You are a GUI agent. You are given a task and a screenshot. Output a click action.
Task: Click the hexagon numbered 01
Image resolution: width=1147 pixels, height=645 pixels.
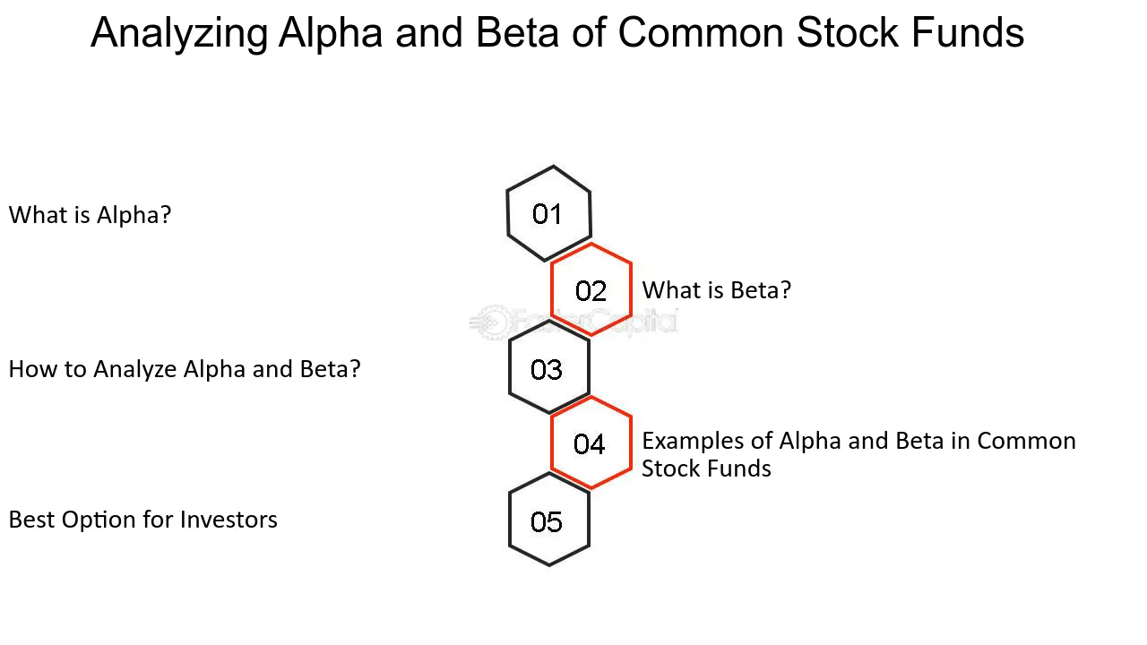point(548,214)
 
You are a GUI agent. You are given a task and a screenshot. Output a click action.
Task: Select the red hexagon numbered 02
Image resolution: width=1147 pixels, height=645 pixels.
point(591,290)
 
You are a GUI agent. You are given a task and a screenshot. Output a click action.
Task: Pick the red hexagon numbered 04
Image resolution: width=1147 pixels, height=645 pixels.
point(591,443)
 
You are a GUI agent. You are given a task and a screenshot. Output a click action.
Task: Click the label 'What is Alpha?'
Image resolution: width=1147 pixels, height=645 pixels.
point(90,215)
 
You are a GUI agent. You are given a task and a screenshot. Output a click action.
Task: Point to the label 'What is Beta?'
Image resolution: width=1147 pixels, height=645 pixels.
point(717,290)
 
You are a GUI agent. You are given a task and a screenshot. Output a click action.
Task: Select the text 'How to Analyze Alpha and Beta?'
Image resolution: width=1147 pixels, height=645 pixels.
point(185,369)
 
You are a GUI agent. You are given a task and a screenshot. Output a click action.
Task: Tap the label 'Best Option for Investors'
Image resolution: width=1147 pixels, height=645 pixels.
point(143,520)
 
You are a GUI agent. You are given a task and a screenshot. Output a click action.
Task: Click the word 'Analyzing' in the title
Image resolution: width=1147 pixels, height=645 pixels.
point(179,34)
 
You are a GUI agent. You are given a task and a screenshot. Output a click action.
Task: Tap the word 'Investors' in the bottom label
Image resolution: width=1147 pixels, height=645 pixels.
point(229,520)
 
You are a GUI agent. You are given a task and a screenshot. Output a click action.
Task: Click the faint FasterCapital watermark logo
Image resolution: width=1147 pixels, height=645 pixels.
point(573,322)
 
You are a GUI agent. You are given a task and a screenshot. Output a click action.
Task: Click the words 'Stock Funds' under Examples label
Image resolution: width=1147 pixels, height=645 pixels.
point(706,469)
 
